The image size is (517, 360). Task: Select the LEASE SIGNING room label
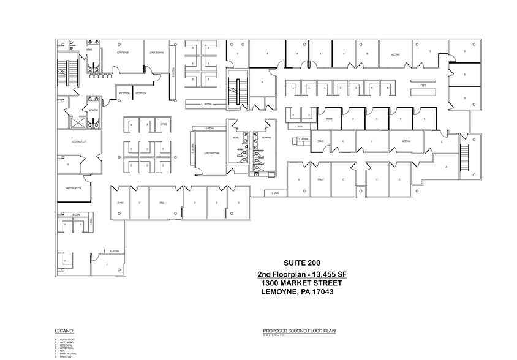(156, 53)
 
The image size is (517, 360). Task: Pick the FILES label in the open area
(423, 86)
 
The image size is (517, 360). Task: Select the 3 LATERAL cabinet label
(114, 251)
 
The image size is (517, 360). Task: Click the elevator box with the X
(79, 121)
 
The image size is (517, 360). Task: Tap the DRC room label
(161, 202)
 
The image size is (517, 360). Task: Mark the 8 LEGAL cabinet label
(77, 214)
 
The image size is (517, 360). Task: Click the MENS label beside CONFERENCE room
(89, 50)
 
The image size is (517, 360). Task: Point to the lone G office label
(298, 180)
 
